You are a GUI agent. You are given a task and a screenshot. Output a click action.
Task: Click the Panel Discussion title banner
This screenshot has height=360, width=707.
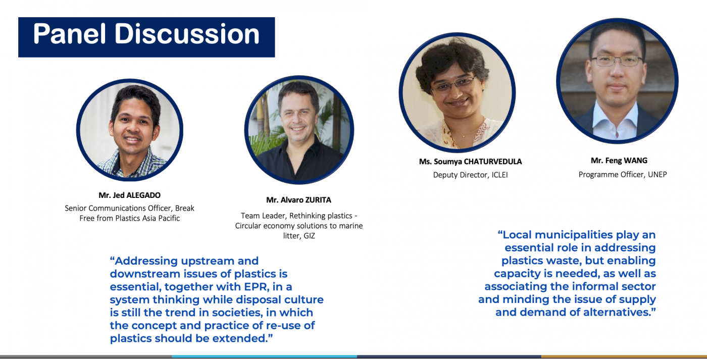pyautogui.click(x=146, y=37)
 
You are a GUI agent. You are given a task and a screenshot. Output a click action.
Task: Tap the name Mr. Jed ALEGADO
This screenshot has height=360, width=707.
pyautogui.click(x=129, y=195)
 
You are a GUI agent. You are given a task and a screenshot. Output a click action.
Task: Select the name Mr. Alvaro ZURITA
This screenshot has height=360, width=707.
pyautogui.click(x=298, y=200)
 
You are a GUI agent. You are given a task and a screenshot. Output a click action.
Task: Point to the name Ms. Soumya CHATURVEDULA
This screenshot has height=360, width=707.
pyautogui.click(x=470, y=162)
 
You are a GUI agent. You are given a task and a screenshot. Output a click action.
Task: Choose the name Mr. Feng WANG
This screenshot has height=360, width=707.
pyautogui.click(x=619, y=161)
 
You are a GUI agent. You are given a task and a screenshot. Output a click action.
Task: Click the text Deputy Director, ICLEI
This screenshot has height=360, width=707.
pyautogui.click(x=470, y=175)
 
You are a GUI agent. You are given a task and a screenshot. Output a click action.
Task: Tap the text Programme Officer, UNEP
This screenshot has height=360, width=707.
pyautogui.click(x=622, y=175)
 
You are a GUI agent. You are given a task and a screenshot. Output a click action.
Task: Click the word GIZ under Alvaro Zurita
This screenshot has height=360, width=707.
pyautogui.click(x=309, y=236)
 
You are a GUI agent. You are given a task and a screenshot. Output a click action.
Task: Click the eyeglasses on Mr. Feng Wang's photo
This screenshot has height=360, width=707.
pyautogui.click(x=617, y=61)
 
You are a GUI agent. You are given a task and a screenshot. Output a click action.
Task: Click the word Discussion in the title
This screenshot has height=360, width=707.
pyautogui.click(x=187, y=34)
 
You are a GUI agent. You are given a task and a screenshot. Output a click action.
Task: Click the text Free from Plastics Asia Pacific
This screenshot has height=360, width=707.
pyautogui.click(x=129, y=218)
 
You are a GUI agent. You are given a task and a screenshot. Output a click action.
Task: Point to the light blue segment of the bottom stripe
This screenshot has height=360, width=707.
pyautogui.click(x=265, y=356)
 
